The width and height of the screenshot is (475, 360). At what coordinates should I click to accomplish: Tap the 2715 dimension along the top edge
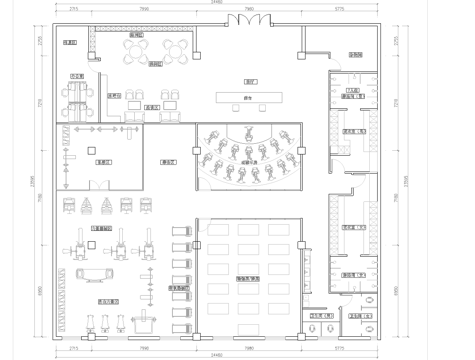click(74, 10)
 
